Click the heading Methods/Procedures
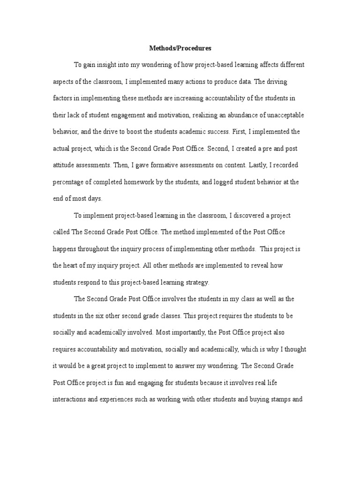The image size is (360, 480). (x=180, y=48)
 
